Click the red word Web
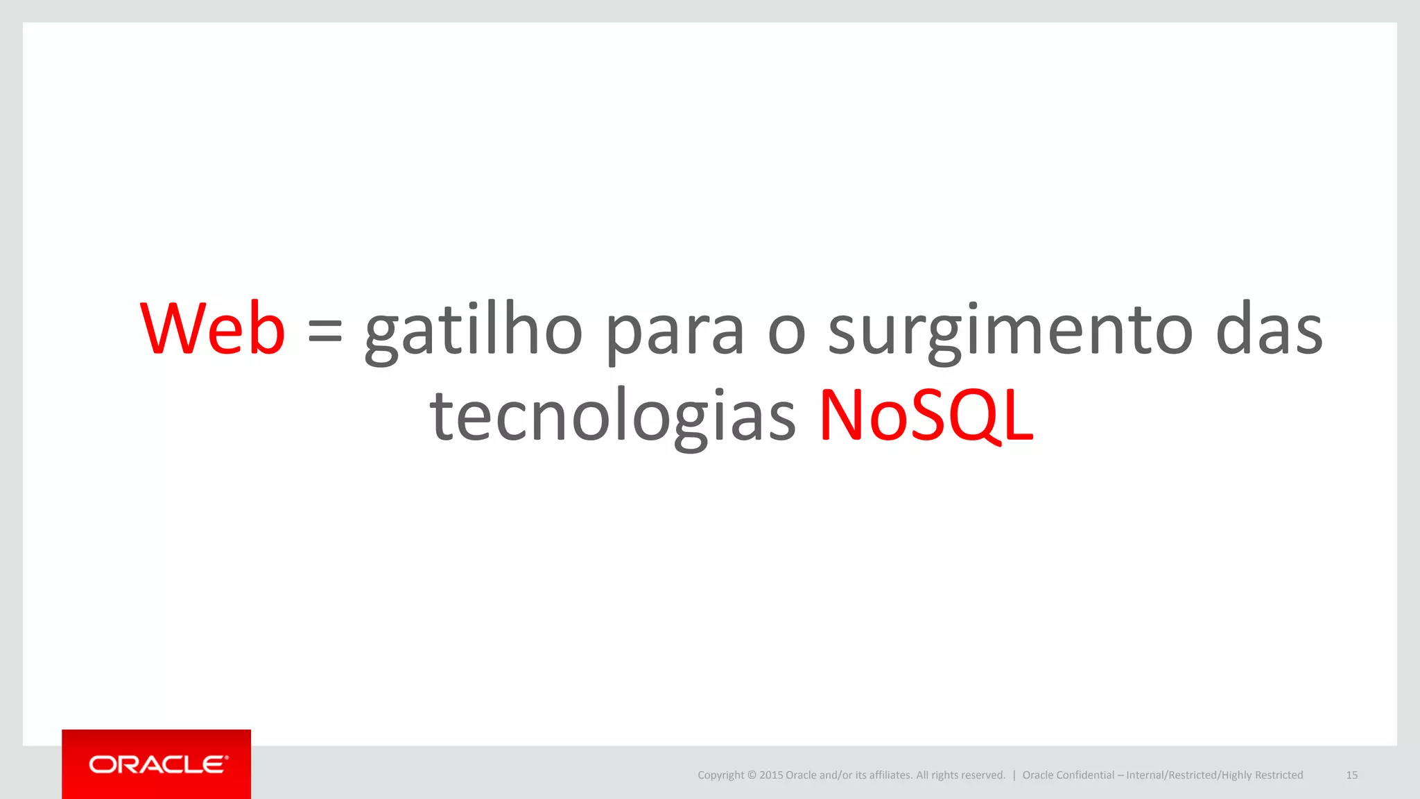coord(212,329)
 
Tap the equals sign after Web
coord(324,330)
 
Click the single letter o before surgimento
coord(786,333)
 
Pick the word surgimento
coord(1010,333)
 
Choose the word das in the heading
coord(1269,330)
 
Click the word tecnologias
coord(612,416)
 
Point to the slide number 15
coord(1351,775)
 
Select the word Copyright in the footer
coord(720,775)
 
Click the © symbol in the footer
coord(752,775)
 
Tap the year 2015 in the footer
coord(771,775)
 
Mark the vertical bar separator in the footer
coord(1014,775)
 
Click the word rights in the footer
coord(945,775)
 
